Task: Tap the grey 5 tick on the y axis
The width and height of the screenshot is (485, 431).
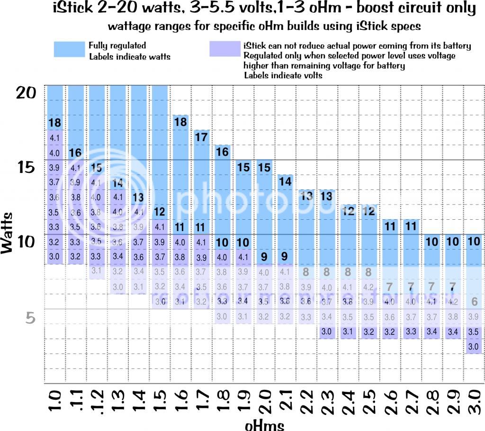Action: tap(29, 318)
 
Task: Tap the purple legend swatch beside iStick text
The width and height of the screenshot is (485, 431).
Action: tap(225, 49)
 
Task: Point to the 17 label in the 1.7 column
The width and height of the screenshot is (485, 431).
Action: tap(201, 137)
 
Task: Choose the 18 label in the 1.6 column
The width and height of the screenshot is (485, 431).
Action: tap(180, 122)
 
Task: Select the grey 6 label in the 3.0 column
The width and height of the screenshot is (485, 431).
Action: tap(474, 302)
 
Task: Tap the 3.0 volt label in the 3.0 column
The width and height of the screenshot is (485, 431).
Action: tap(474, 346)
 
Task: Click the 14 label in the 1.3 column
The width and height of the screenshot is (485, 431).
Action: tap(118, 183)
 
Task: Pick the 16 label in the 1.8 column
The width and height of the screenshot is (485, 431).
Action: tap(222, 152)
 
